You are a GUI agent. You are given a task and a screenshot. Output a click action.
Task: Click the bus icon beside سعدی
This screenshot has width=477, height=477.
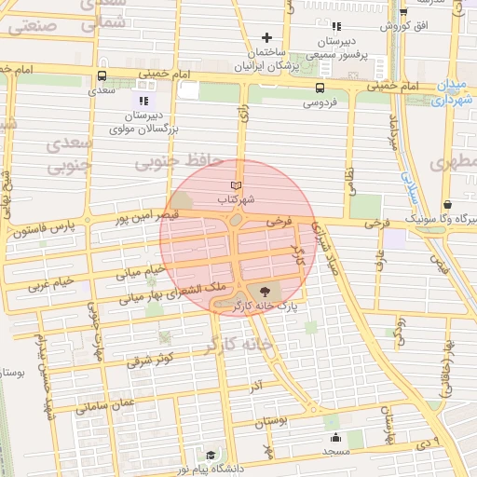tap(101, 77)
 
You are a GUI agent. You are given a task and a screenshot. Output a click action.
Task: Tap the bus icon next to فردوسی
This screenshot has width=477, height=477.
tap(320, 89)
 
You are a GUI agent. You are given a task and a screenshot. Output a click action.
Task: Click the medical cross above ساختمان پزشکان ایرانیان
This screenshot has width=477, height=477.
tap(266, 37)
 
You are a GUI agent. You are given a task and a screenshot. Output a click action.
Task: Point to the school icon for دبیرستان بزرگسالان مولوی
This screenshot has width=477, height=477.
tap(143, 100)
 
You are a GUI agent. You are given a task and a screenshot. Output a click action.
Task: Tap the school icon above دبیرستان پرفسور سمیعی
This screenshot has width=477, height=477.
tap(336, 27)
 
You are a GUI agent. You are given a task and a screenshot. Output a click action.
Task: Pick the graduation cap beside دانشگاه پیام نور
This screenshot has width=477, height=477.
tap(211, 456)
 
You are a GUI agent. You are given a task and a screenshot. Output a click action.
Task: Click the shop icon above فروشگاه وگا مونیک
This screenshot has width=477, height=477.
tap(447, 204)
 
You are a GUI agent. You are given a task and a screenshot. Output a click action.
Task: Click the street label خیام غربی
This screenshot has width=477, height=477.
tap(48, 286)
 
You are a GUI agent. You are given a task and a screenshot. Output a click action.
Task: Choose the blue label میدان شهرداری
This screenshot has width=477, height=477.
tap(455, 89)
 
